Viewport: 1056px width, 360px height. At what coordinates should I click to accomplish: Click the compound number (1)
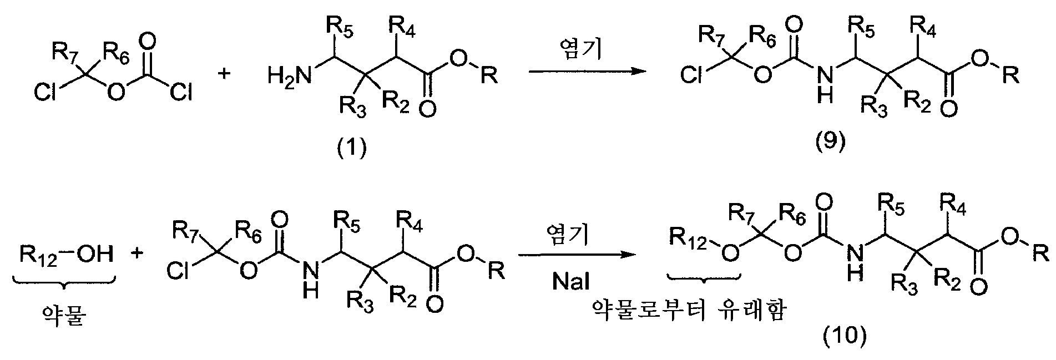pos(353,148)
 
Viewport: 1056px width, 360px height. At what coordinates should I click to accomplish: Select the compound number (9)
pos(830,143)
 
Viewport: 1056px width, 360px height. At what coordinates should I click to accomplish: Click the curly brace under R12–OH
pos(65,285)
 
